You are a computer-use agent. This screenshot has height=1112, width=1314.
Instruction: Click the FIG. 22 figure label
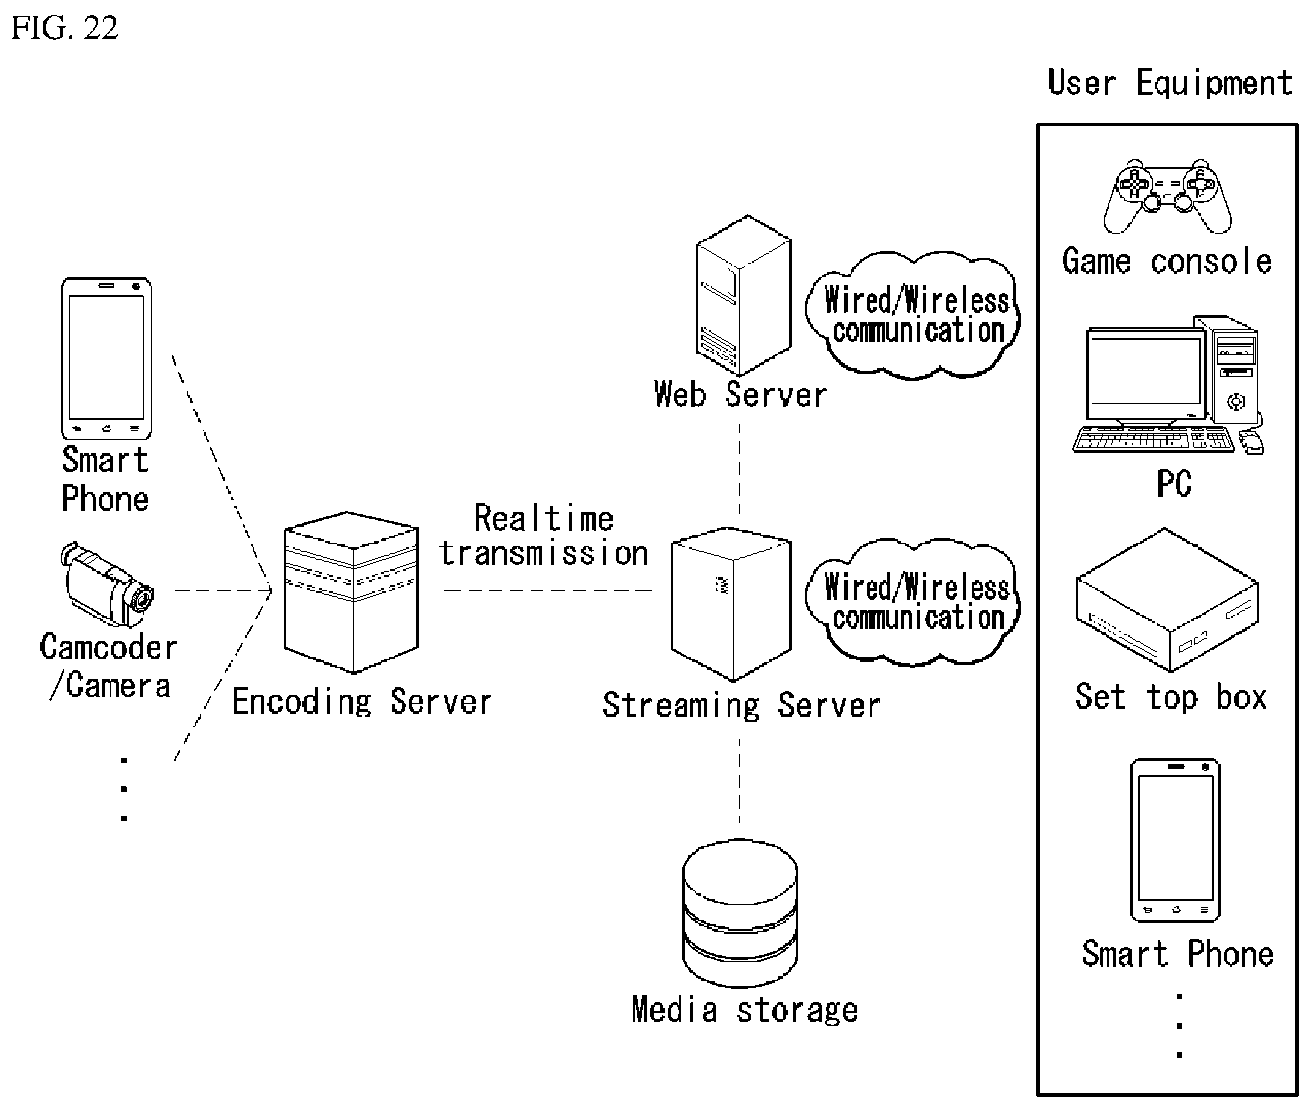coord(64,28)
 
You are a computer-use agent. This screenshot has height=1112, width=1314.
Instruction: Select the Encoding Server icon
coord(351,592)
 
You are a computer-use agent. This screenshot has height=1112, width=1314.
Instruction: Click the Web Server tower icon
coord(743,295)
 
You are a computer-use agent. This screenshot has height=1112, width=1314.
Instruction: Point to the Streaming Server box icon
coord(731,604)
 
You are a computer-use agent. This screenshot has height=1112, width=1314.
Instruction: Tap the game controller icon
coord(1167,195)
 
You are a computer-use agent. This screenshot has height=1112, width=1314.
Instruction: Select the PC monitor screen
coord(1146,376)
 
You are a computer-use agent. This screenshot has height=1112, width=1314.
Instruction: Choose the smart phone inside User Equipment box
coord(1175,841)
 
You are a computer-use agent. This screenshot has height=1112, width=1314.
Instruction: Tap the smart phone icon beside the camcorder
coord(107,359)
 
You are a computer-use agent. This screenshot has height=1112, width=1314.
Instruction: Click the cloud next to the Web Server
coord(913,313)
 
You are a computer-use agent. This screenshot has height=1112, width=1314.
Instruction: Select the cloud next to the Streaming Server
coord(913,601)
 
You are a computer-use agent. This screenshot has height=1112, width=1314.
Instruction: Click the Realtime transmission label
coord(544,535)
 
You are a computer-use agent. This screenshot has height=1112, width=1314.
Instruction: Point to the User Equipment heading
coord(1170,82)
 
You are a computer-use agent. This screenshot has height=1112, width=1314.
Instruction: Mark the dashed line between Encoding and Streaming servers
coord(548,591)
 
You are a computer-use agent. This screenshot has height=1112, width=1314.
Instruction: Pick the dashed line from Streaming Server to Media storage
coord(740,780)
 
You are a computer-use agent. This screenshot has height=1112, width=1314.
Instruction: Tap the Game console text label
coord(1167,261)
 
